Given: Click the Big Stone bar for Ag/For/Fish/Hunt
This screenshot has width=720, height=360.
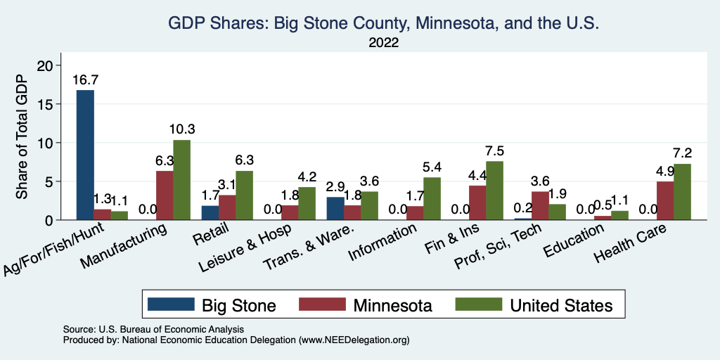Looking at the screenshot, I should [85, 155].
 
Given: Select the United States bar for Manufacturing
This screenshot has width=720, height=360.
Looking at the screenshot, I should [181, 180].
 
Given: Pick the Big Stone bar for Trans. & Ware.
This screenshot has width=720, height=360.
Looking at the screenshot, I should [336, 208].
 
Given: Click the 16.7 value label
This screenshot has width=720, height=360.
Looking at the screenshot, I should [85, 79].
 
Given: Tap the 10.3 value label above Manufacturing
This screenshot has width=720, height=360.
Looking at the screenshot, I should [181, 129].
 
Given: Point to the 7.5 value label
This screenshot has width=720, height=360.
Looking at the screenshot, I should [494, 150].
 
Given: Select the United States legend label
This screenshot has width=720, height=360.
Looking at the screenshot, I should [561, 305].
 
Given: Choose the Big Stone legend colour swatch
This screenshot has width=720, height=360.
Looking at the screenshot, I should [171, 304].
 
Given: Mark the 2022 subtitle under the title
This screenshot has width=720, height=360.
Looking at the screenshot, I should [383, 44].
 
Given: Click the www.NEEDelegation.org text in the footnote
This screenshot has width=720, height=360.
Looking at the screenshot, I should [354, 340].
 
